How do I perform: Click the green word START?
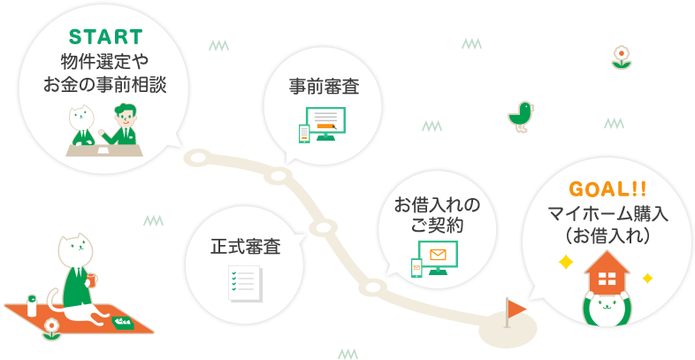point(105,37)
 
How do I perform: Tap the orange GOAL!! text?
point(607,190)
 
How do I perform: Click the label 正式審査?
point(245,247)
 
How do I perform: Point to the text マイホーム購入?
point(607,214)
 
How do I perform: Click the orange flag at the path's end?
point(516,307)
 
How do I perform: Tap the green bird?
point(521,114)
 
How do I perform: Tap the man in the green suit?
point(126,125)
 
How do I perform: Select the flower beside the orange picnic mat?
point(51,329)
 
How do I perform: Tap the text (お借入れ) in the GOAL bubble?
point(607,236)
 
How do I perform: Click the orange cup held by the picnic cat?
point(93,280)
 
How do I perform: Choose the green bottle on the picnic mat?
point(32,306)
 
